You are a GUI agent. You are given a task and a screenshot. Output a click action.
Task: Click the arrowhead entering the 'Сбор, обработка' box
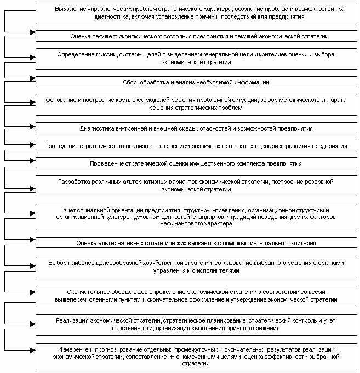point(33,78)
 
